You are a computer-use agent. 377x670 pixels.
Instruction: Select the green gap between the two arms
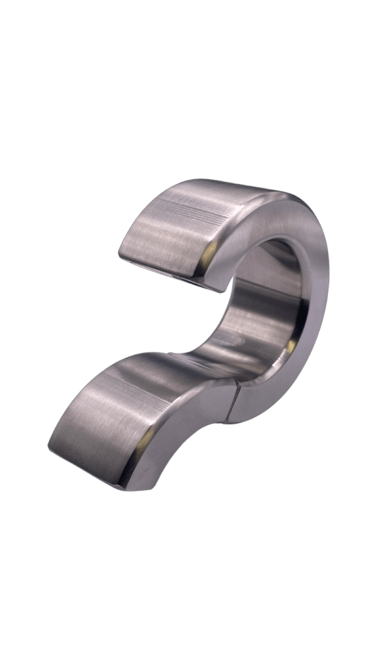point(168,313)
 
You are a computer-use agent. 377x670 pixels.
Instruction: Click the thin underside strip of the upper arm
point(168,268)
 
